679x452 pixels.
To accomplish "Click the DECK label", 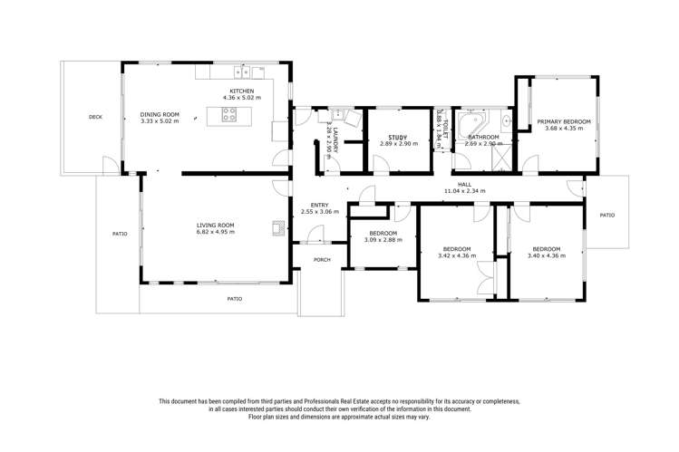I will [95, 117].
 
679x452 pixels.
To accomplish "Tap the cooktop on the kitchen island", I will [230, 115].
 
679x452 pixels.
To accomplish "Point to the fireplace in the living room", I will [276, 227].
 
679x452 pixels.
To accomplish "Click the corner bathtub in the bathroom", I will [471, 124].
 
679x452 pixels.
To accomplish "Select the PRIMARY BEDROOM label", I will [563, 121].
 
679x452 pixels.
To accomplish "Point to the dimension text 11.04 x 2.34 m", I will [464, 191].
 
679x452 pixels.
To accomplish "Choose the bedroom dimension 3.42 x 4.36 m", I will [456, 256].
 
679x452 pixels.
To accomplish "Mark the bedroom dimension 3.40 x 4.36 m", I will [546, 256].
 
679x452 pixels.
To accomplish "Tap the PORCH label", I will [321, 260].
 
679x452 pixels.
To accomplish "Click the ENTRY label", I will [319, 205].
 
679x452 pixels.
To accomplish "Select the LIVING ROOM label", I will [216, 225].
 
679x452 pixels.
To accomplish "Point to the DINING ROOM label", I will [160, 114].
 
